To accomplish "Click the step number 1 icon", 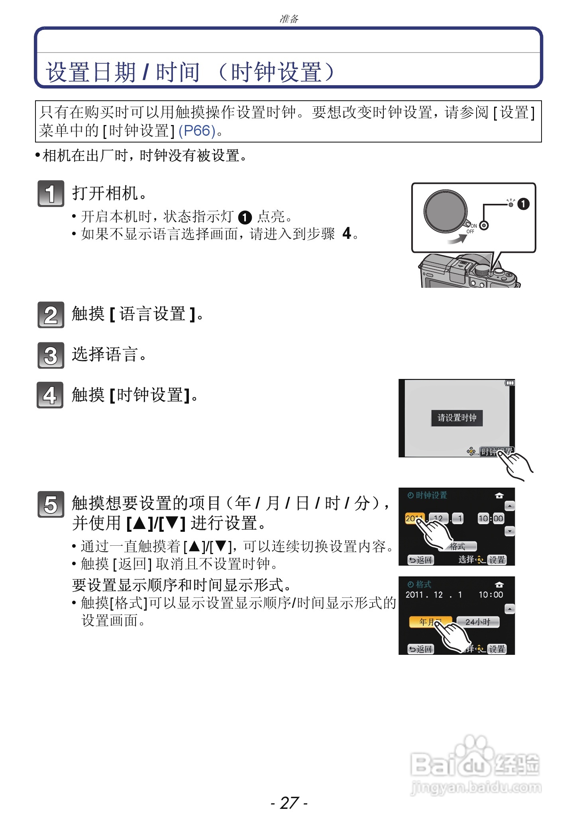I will [x=51, y=193].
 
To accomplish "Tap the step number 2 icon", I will [x=51, y=315].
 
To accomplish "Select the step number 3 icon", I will [x=51, y=355].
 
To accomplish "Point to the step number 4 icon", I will [x=50, y=395].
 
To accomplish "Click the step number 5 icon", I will [x=51, y=504].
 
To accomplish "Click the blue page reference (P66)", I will [x=197, y=131].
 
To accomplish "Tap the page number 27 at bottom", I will [x=289, y=802].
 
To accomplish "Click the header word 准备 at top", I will [x=289, y=19].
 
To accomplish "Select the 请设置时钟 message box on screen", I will [x=457, y=418].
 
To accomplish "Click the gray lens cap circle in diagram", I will [x=446, y=211].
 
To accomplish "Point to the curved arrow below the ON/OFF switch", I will [x=457, y=239].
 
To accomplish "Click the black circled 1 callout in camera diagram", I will [x=523, y=204].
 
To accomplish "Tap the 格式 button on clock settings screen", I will [x=458, y=547].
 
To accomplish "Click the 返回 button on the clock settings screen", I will [x=420, y=560].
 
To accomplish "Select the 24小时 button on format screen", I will [x=477, y=622].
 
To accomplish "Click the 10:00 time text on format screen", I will [x=491, y=595].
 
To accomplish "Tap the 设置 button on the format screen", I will [x=497, y=649].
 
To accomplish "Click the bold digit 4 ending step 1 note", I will [x=347, y=233].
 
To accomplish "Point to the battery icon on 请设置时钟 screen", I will [x=510, y=383].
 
